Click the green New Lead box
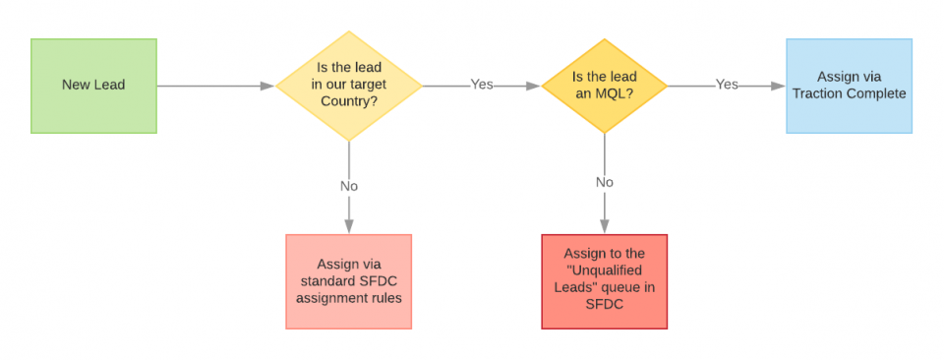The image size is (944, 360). click(x=93, y=86)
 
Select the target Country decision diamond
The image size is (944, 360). click(x=349, y=86)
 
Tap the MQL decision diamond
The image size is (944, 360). click(x=604, y=86)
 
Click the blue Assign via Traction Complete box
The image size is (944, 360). click(x=849, y=86)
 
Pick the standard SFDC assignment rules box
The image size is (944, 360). click(x=349, y=281)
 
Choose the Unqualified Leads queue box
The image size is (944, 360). click(x=604, y=281)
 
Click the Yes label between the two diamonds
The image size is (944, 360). click(x=482, y=85)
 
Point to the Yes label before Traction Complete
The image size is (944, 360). click(x=727, y=85)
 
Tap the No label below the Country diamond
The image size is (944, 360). click(x=349, y=185)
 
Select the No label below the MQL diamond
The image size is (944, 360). click(x=604, y=182)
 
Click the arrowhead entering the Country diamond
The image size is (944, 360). click(x=267, y=86)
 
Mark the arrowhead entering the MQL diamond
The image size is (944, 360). click(x=534, y=86)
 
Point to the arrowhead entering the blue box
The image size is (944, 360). click(x=779, y=86)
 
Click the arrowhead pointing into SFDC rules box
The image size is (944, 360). click(x=349, y=226)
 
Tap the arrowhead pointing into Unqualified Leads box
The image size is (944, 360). click(x=604, y=226)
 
